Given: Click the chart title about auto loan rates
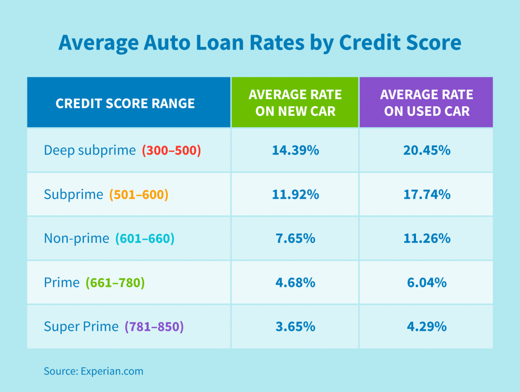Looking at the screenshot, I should (260, 43).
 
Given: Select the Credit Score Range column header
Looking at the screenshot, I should (125, 103).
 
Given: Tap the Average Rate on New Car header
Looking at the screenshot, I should (295, 103).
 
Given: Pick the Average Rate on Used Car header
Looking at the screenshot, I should (427, 103).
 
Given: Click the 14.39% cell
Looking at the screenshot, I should (295, 150).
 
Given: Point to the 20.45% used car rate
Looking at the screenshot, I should (427, 150).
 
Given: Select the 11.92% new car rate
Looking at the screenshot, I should (295, 194).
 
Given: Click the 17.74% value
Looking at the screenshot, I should (427, 194).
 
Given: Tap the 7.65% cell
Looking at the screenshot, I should (295, 238).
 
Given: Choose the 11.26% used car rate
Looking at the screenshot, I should (427, 238).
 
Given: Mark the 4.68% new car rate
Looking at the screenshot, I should (295, 283).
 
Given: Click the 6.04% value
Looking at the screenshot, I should (427, 283).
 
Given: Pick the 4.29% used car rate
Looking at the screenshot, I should (427, 327).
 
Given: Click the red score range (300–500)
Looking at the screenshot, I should (171, 150).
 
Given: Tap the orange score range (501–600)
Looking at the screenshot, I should (139, 194).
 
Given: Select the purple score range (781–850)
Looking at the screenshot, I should (154, 327).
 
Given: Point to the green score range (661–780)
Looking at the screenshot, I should (115, 283).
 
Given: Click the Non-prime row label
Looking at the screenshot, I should (76, 238).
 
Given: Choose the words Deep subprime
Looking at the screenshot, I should (90, 150).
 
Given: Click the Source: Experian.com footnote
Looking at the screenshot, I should (93, 371).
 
